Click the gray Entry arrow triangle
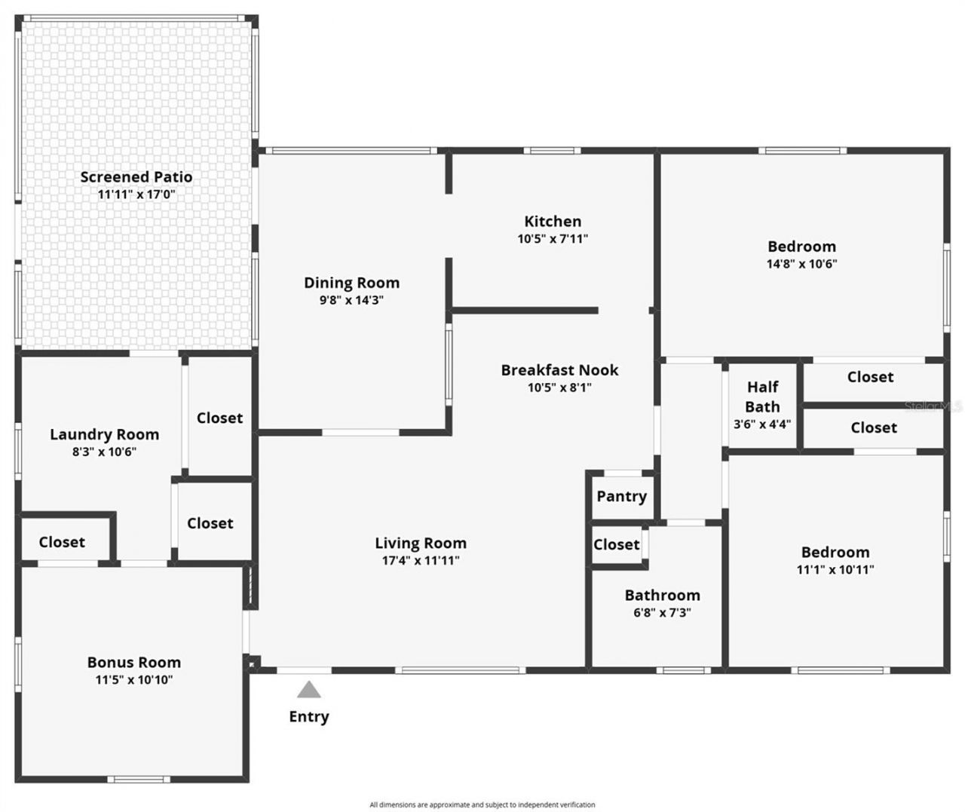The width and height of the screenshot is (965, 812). [308, 690]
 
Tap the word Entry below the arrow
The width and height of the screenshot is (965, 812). [308, 716]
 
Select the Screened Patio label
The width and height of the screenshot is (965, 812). [136, 177]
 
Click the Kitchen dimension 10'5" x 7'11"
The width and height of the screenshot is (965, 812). [553, 239]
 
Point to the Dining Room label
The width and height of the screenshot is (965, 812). [351, 283]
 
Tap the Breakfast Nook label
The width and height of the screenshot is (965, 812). [559, 370]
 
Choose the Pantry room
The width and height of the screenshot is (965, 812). [621, 496]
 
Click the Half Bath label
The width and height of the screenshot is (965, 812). [762, 397]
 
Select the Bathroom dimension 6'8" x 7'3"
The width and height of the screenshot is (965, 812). [662, 613]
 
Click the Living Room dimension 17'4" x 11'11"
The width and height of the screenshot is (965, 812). [421, 561]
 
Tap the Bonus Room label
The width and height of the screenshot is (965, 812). [134, 663]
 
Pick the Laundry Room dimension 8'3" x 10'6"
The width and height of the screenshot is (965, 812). [104, 452]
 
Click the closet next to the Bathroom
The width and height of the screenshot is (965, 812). [616, 544]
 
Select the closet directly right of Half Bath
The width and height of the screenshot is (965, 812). [870, 377]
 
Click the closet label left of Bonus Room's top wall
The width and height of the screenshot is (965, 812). [62, 542]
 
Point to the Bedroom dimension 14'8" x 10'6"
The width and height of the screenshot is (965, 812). [801, 264]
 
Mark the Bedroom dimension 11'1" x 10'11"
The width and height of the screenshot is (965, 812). [835, 570]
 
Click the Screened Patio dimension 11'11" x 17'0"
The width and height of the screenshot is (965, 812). [136, 195]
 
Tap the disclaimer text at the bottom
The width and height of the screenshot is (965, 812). [482, 804]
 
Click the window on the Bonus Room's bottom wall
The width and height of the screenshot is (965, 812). [138, 779]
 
